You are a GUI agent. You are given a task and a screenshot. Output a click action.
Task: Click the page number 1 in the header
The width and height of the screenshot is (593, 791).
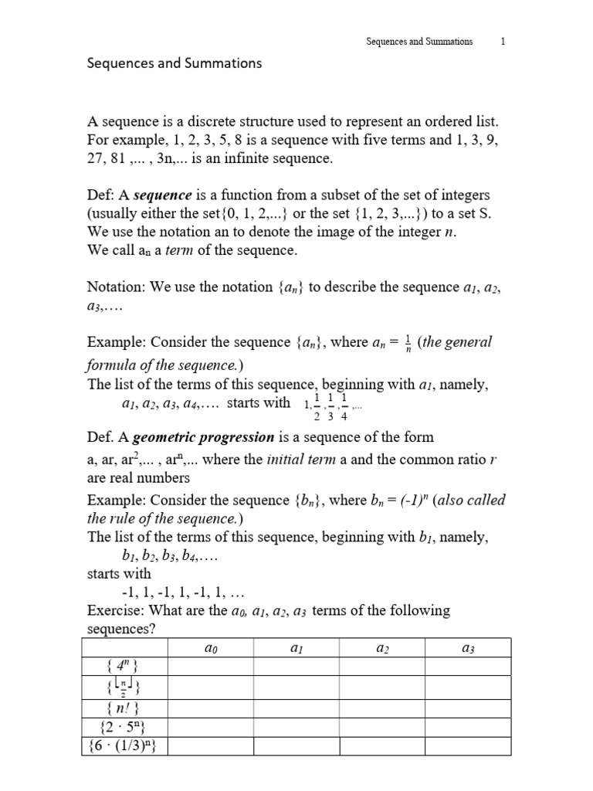pos(503,42)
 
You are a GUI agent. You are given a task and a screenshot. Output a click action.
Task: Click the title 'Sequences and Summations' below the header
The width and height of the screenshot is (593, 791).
pos(174,63)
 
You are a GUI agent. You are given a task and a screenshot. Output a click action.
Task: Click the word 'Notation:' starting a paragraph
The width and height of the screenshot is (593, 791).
pos(117,287)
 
